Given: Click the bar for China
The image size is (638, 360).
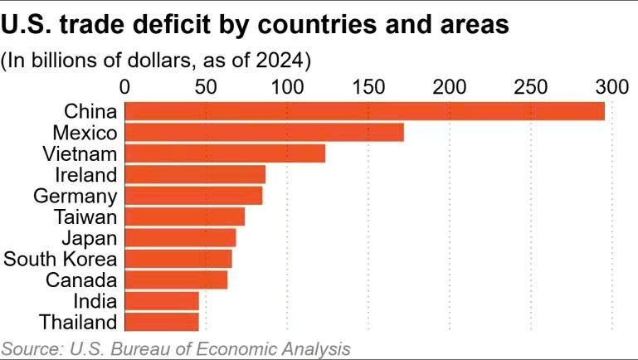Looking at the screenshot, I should coord(365,111).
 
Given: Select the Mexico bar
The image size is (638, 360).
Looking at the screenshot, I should coord(265,133).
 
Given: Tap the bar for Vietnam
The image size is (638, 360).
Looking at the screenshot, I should coord(226,153).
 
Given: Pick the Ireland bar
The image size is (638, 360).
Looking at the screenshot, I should coord(196,174).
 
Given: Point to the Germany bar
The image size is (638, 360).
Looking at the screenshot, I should coord(194,196).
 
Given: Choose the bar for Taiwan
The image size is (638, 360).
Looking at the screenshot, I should coord(185,216).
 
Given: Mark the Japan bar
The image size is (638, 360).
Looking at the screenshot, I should coord(181,238).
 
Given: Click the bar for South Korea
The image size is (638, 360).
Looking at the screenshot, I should coord(179,259).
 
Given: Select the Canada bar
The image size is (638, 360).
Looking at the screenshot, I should coord(177,280).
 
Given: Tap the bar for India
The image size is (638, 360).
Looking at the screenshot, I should coord(163,301).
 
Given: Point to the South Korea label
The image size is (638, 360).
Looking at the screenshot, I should coord(61,259).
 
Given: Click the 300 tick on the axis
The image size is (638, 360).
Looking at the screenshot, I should coord(612,86).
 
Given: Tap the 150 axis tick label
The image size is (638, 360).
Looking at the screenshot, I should coord(368,86).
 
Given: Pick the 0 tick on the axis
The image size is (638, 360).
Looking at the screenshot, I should coord(125,86).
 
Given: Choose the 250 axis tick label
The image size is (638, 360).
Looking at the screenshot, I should coord(531,86).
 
